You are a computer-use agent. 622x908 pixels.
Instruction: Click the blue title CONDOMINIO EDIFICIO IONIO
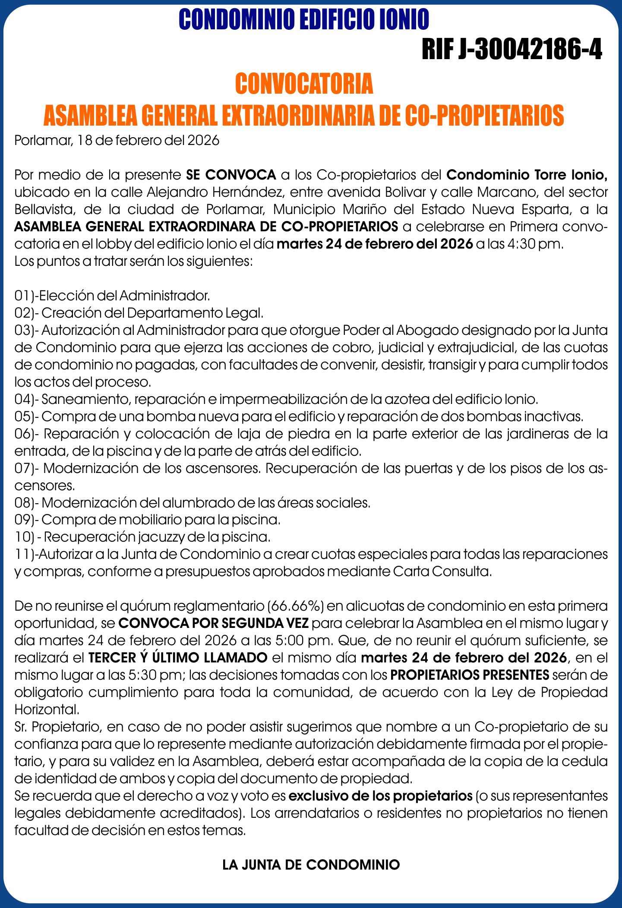coord(304,19)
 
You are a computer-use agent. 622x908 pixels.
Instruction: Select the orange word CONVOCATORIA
coord(304,84)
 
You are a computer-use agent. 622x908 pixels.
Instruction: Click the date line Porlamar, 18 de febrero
coord(117,141)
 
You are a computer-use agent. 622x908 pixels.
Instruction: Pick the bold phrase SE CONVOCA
coord(231,175)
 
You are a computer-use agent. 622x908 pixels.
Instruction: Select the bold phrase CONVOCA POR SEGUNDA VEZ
coord(214,624)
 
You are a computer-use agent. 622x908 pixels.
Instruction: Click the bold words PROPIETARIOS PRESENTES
coord(470,675)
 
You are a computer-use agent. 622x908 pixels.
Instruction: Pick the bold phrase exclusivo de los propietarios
coord(380,796)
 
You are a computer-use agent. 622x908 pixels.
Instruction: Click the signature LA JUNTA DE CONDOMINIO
coord(311,865)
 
